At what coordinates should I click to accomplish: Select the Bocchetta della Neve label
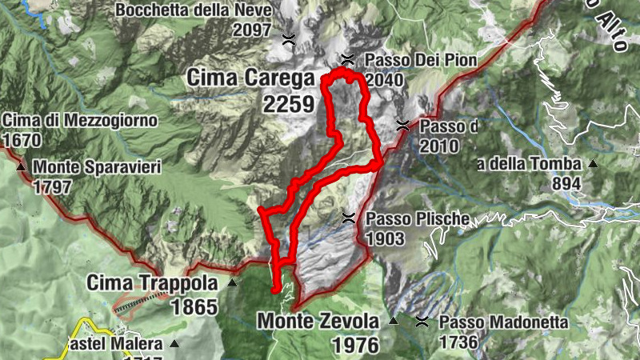[x=194, y=11]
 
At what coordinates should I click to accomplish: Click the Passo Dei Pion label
[x=421, y=60]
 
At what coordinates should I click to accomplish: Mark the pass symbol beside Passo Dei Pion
[x=347, y=58]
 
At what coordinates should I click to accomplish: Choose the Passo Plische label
[x=411, y=219]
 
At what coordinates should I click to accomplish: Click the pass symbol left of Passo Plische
[x=348, y=218]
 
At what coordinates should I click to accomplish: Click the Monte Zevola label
[x=318, y=322]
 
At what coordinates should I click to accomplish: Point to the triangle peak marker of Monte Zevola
[x=394, y=322]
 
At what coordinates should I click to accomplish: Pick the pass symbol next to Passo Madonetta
[x=422, y=322]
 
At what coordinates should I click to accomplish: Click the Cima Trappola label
[x=152, y=283]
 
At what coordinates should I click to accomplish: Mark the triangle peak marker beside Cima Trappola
[x=232, y=282]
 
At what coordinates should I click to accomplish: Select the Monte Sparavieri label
[x=98, y=167]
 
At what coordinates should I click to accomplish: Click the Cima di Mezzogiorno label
[x=80, y=121]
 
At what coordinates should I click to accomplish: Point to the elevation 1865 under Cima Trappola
[x=194, y=307]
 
